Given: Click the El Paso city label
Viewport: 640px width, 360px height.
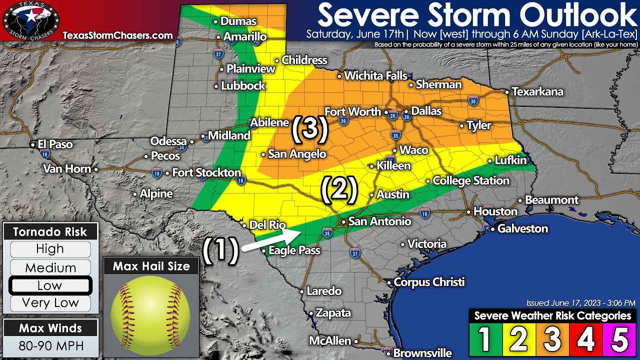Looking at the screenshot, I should click(x=55, y=144).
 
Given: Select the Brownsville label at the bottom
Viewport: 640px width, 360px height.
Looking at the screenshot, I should click(x=422, y=353).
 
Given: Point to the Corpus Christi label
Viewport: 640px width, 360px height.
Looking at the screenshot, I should click(x=429, y=282).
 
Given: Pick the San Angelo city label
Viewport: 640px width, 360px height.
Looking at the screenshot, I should click(x=296, y=154).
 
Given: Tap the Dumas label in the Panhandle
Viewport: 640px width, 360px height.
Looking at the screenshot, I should click(x=238, y=21).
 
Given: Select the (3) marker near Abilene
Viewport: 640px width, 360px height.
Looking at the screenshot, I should click(x=310, y=128).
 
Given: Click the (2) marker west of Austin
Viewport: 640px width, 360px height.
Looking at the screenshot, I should click(x=339, y=189).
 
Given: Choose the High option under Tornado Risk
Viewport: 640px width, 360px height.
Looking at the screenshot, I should click(x=50, y=249).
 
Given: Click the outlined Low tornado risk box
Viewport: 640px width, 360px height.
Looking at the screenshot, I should click(x=50, y=285).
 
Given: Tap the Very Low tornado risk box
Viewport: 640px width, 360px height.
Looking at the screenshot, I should click(x=50, y=303).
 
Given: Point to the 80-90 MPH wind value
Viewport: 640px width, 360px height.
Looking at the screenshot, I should click(x=50, y=346).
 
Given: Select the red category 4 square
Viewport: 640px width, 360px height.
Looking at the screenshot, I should click(x=585, y=339).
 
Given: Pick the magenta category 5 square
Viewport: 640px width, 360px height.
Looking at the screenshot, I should click(x=619, y=339).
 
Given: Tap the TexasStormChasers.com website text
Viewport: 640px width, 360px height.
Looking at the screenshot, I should click(x=117, y=35).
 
